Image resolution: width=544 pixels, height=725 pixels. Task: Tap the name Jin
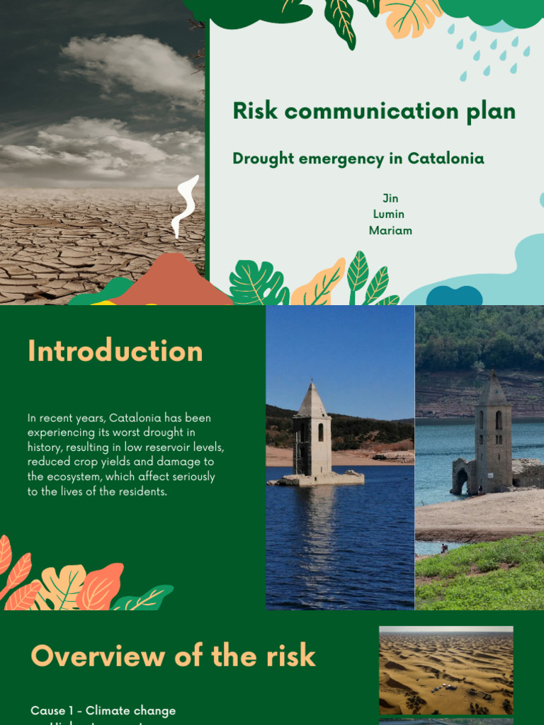pos(390,198)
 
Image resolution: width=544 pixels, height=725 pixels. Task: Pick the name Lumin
pos(389,215)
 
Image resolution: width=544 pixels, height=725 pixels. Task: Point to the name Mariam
pos(390,231)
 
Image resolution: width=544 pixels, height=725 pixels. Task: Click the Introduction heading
pos(115,351)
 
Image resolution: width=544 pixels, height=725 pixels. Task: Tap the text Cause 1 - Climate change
pos(103,710)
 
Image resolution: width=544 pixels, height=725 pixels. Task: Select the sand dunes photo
pos(446,670)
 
